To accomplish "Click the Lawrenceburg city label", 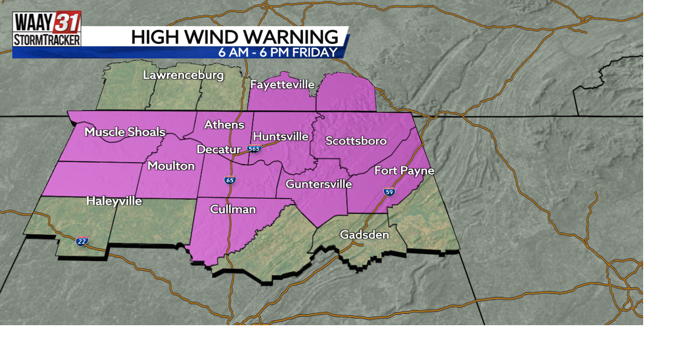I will [183, 75].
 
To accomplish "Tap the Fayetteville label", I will [282, 85].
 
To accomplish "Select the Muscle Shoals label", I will [125, 132].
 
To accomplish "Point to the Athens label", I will [224, 125].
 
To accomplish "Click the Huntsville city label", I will [280, 137].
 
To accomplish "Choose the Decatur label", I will [218, 149].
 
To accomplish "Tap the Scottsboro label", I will [356, 141].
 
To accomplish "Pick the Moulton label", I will [171, 166].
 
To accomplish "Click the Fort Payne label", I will [404, 171].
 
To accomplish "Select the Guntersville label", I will [318, 184].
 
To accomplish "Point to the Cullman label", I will [233, 209].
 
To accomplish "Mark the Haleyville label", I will [114, 201].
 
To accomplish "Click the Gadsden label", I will [364, 235].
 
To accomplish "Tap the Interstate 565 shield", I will [254, 148].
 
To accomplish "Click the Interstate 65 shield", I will [230, 179].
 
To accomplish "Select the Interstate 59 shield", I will [389, 191].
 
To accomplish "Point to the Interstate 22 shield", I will [82, 241].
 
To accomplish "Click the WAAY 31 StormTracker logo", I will [47, 29].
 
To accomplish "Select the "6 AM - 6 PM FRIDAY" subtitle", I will [278, 52].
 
